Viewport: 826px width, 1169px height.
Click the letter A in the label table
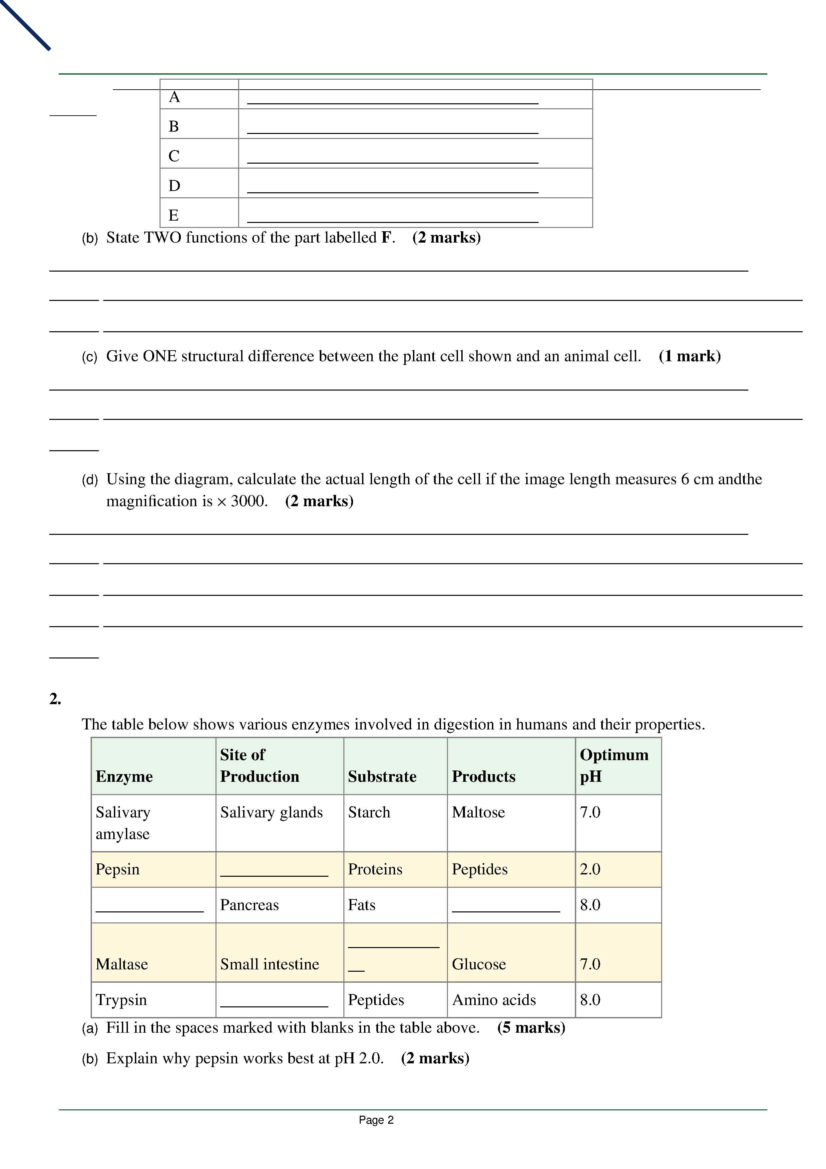point(174,97)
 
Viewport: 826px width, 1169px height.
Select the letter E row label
point(174,215)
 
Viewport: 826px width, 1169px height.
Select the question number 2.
point(55,699)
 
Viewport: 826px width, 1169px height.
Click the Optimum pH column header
point(614,765)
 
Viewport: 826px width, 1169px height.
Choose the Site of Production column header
point(259,765)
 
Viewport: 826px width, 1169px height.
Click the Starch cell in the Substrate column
point(369,812)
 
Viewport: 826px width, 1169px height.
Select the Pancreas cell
point(249,905)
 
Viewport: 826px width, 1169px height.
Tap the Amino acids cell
point(494,999)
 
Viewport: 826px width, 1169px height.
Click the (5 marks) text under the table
point(531,1027)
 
